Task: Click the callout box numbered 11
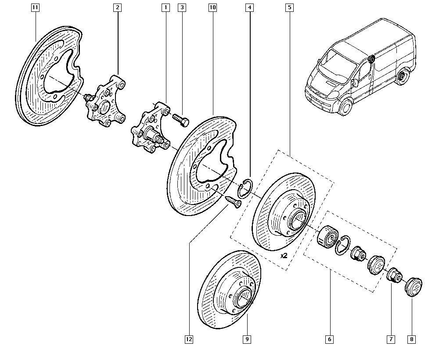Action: click(x=35, y=7)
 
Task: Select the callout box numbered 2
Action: click(x=117, y=7)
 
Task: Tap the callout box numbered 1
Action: click(x=166, y=7)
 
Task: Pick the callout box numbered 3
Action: click(x=182, y=7)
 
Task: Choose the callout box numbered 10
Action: click(x=212, y=7)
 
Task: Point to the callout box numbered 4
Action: click(x=249, y=7)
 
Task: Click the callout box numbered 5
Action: click(x=289, y=7)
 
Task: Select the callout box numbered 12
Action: click(x=189, y=339)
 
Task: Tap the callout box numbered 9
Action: click(x=247, y=339)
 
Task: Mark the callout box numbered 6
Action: click(x=330, y=339)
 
